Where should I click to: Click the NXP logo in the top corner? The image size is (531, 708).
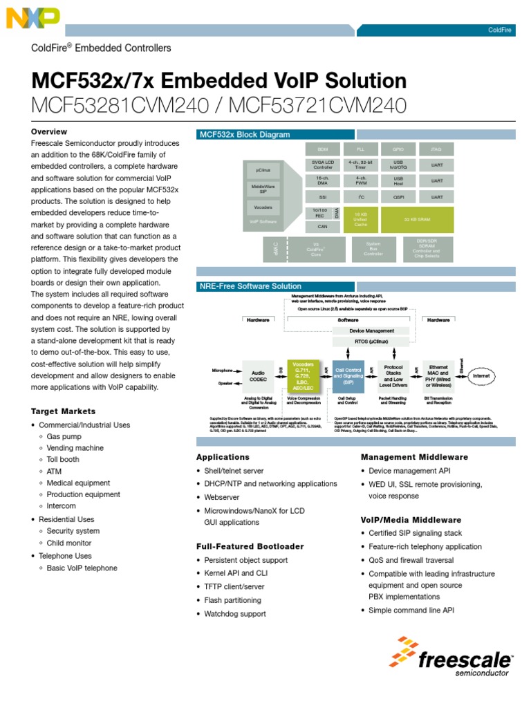32,18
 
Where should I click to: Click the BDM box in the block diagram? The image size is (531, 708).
323,149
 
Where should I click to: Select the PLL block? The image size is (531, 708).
360,149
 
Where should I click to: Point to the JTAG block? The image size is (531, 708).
436,149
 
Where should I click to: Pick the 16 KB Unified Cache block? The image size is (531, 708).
360,219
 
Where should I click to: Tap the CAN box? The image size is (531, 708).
323,226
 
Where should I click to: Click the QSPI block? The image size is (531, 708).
398,196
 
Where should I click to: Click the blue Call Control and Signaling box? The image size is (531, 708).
348,376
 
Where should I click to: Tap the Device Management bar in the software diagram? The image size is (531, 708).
371,331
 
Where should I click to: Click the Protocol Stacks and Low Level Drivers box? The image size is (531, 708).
393,376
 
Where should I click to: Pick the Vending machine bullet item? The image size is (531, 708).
75,448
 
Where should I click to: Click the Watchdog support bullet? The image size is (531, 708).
235,613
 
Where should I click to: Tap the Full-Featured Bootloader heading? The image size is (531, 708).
250,546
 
